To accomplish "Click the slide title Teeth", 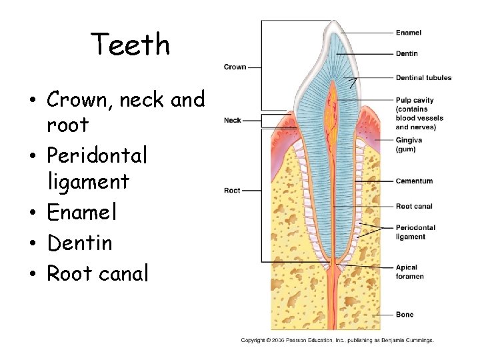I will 131,45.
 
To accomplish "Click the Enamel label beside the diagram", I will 408,33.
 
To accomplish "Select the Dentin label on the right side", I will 407,53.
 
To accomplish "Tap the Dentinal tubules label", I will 423,77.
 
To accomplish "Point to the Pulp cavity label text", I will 415,101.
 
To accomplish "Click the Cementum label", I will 414,181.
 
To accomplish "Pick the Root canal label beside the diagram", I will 414,206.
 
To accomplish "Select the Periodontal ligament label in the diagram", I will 415,232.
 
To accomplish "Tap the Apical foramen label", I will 409,272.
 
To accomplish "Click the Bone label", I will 405,315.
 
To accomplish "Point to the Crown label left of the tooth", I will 235,67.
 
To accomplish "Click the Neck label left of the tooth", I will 233,121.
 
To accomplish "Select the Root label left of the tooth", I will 232,191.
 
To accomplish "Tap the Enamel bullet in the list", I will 82,212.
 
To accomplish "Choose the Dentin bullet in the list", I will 79,243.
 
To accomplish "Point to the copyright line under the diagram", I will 337,340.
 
